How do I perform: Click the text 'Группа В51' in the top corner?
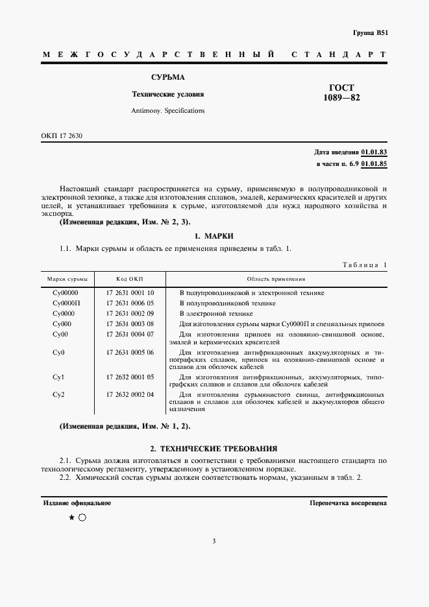[x=371, y=32]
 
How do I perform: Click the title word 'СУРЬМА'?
[x=167, y=77]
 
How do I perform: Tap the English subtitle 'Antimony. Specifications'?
[x=167, y=110]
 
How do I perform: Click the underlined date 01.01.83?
[x=374, y=152]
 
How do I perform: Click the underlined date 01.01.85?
[x=374, y=164]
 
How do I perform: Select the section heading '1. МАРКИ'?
[x=214, y=235]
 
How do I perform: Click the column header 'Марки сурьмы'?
[x=67, y=279]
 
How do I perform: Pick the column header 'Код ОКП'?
[x=130, y=279]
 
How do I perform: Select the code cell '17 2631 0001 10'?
[x=130, y=293]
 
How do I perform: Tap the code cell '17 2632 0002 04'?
[x=130, y=394]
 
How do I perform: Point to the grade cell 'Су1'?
[x=58, y=377]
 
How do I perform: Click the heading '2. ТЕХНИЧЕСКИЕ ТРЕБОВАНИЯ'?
[x=214, y=448]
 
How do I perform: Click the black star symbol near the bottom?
[x=71, y=518]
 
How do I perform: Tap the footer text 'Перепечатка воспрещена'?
[x=348, y=503]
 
